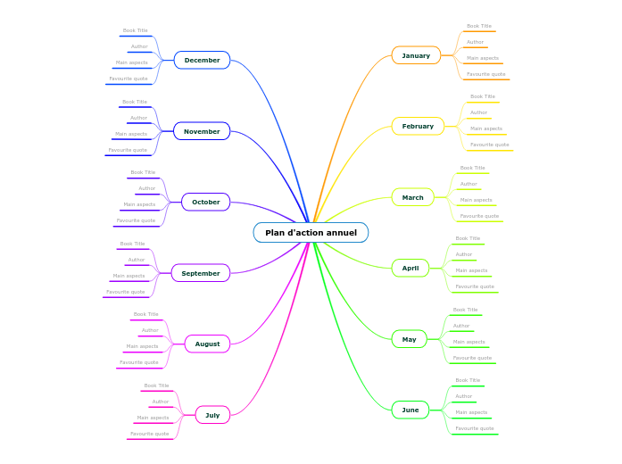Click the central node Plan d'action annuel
point(311,233)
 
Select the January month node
point(416,55)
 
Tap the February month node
point(418,127)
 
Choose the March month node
point(412,197)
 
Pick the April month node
point(410,268)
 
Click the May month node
point(409,339)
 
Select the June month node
point(410,410)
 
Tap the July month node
point(212,415)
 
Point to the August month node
point(207,344)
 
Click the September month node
point(201,273)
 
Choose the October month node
point(205,203)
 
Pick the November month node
point(202,131)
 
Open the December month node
point(202,61)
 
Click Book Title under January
point(479,27)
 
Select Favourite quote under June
point(475,428)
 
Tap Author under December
point(139,46)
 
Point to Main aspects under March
point(476,200)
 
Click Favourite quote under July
point(149,434)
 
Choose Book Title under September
point(132,244)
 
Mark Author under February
point(479,112)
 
